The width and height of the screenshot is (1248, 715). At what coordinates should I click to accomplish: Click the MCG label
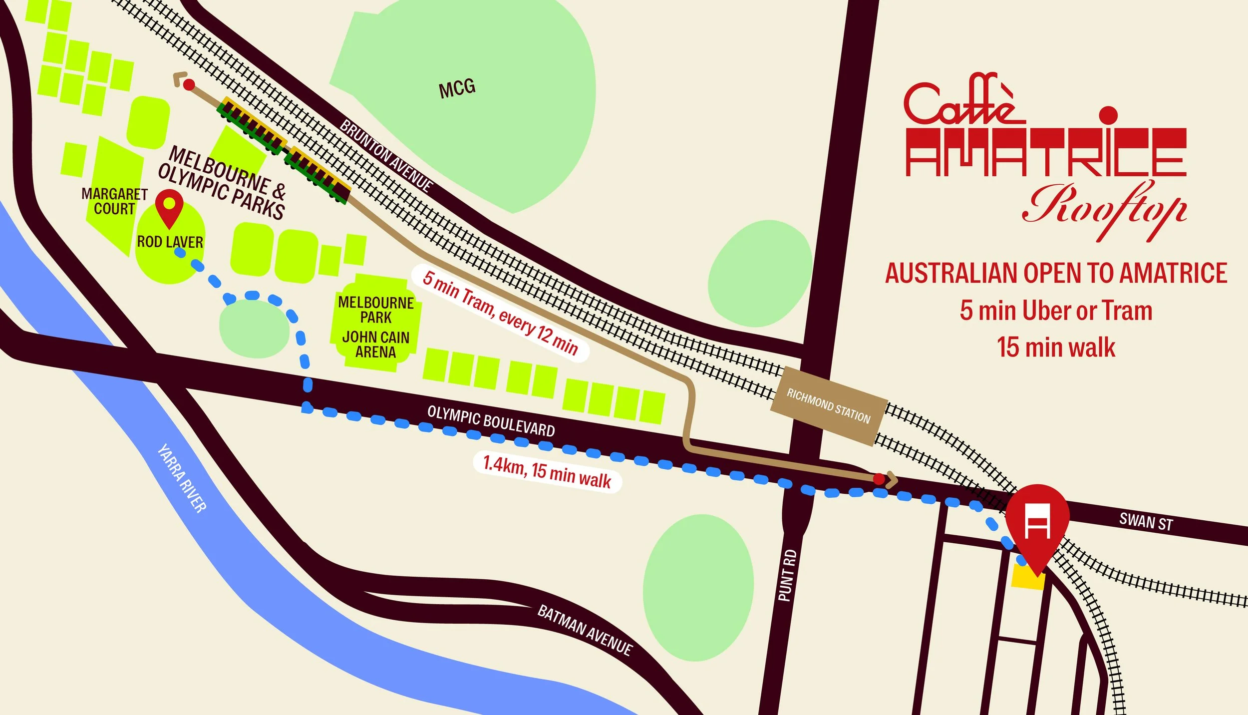coord(457,89)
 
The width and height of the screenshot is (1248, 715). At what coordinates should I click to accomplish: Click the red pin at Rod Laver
coord(170,207)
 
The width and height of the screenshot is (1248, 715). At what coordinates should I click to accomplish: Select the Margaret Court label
coord(114,201)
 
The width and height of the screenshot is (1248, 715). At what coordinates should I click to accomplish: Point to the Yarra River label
coord(182,478)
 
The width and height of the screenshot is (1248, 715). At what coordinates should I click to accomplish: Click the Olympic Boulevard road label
coord(491,422)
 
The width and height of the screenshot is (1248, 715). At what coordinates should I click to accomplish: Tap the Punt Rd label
coord(787,575)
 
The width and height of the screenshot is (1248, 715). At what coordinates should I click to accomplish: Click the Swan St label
coord(1146,522)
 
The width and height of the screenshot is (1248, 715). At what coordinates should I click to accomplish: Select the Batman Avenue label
coord(585,630)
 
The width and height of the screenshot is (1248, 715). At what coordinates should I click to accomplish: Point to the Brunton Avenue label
coord(386,155)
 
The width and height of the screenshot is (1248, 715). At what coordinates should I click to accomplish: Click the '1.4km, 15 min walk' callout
coord(547,471)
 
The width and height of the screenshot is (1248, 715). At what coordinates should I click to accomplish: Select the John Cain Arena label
coord(375,345)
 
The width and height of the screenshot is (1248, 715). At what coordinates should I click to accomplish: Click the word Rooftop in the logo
coord(1104,210)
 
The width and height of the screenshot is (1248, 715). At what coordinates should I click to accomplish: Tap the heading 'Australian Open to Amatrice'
coord(1056,273)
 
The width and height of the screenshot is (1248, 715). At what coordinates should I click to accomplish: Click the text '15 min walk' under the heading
coord(1056,348)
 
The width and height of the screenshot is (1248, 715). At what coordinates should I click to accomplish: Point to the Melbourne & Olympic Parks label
coord(222,183)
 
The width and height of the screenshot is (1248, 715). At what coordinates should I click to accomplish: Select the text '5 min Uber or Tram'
coord(1056,311)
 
